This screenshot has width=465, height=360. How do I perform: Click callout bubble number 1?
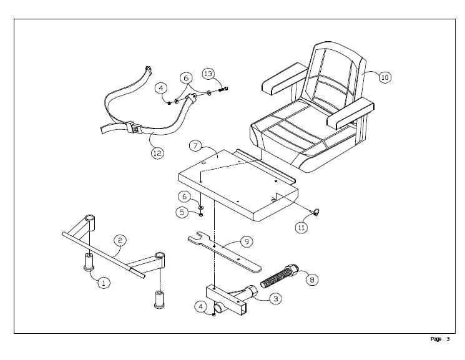click(104, 283)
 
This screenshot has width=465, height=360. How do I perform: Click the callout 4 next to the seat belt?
click(161, 88)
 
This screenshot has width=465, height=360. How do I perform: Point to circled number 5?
click(182, 212)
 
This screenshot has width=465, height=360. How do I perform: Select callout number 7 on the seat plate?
click(195, 147)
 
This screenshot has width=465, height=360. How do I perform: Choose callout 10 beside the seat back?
click(384, 77)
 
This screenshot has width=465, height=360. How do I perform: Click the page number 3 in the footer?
click(448, 339)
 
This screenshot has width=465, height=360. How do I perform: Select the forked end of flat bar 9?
click(195, 238)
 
